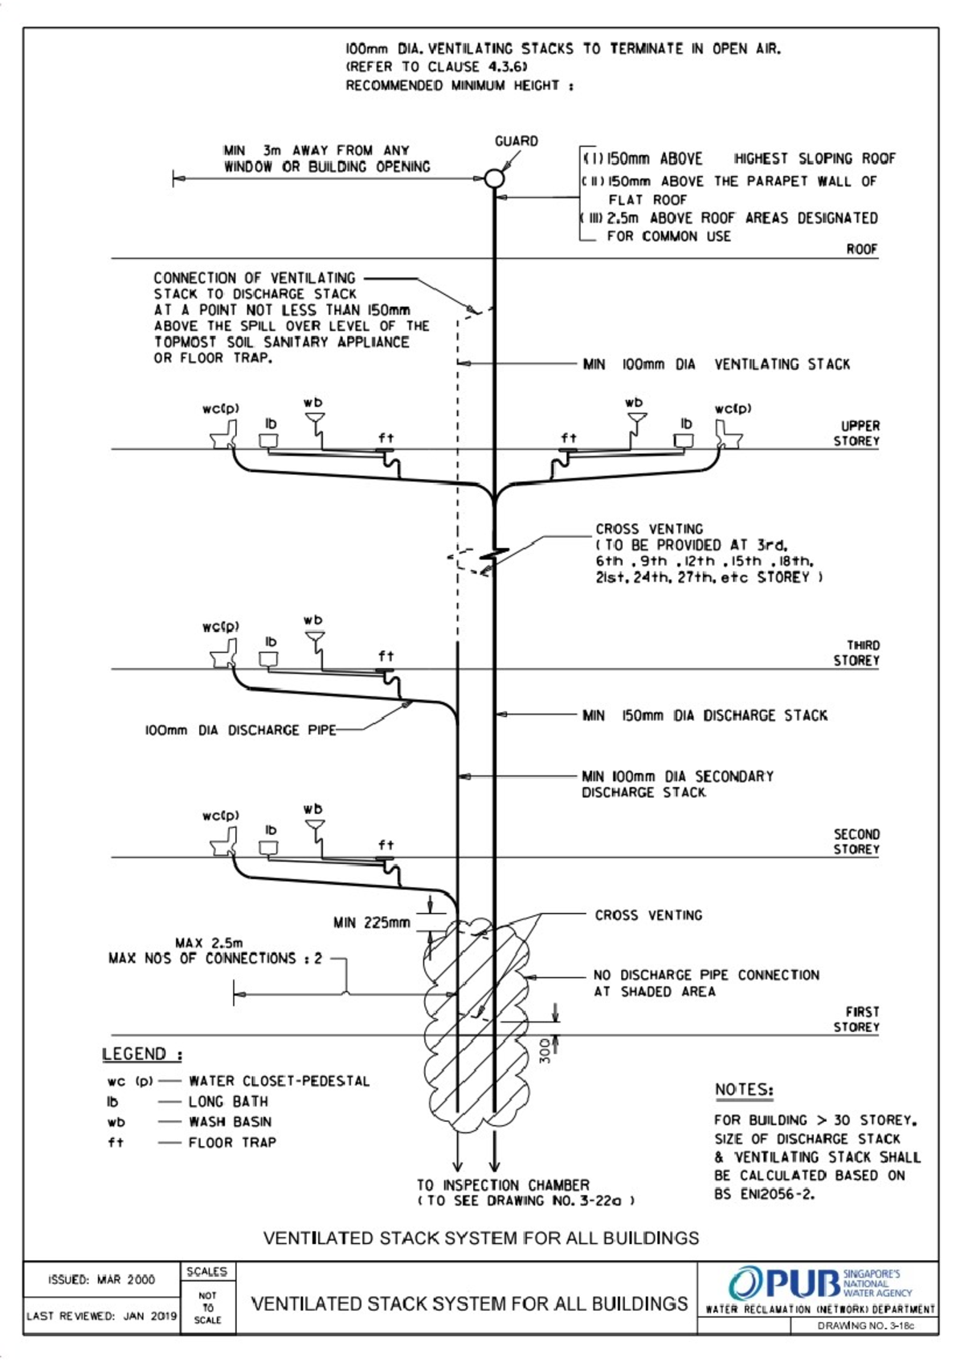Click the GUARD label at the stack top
coord(516,141)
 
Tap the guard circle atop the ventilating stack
coord(494,178)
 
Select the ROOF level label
coord(861,249)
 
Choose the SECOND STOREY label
coord(856,841)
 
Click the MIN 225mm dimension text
coord(372,923)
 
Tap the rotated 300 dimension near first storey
coord(545,1050)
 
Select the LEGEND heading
coord(142,1054)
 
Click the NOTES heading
coord(744,1090)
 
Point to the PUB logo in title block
coord(784,1283)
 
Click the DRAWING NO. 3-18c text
coord(865,1326)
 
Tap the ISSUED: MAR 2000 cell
coord(102,1279)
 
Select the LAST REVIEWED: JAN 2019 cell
coord(102,1316)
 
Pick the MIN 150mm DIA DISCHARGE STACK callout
coord(705,715)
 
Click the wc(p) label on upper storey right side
coord(733,409)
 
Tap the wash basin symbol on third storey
coord(315,641)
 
